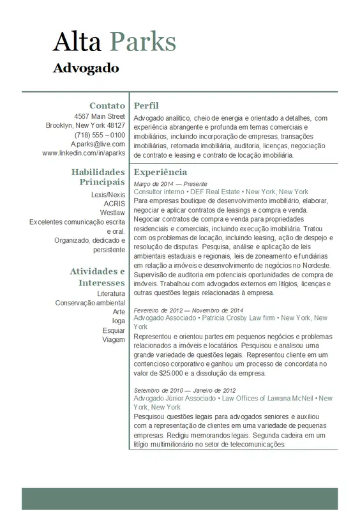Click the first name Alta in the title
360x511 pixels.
point(77,42)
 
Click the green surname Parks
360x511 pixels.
point(143,42)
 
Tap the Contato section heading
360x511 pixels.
point(107,105)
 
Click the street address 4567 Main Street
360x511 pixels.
point(100,116)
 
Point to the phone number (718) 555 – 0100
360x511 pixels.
point(100,135)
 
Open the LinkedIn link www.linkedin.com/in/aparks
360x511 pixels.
point(84,153)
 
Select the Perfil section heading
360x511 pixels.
point(146,105)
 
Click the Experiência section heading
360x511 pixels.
point(160,172)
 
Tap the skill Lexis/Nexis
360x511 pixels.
point(109,194)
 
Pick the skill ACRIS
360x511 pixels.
point(114,204)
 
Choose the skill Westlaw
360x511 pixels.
point(112,213)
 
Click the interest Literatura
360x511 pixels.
point(111,293)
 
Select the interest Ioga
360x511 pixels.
point(119,321)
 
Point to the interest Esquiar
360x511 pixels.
point(114,330)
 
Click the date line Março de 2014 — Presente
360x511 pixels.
point(170,183)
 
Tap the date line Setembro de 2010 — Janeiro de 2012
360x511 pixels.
point(184,390)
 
